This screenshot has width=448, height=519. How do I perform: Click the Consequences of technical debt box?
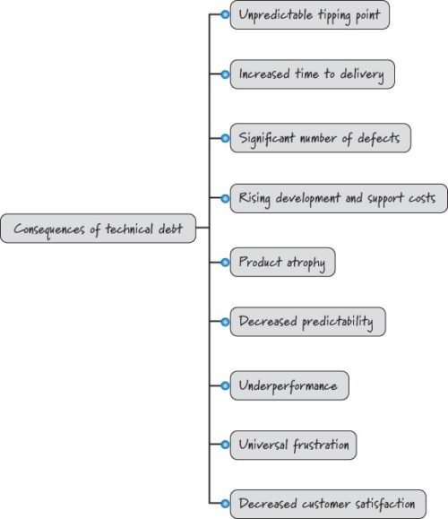coord(98,229)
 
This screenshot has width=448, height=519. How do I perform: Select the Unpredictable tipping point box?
coord(310,15)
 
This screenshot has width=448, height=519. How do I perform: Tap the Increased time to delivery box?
coord(312,74)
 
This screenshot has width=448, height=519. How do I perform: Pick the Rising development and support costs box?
coord(338,198)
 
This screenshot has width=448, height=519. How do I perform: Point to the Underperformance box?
coord(289,385)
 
